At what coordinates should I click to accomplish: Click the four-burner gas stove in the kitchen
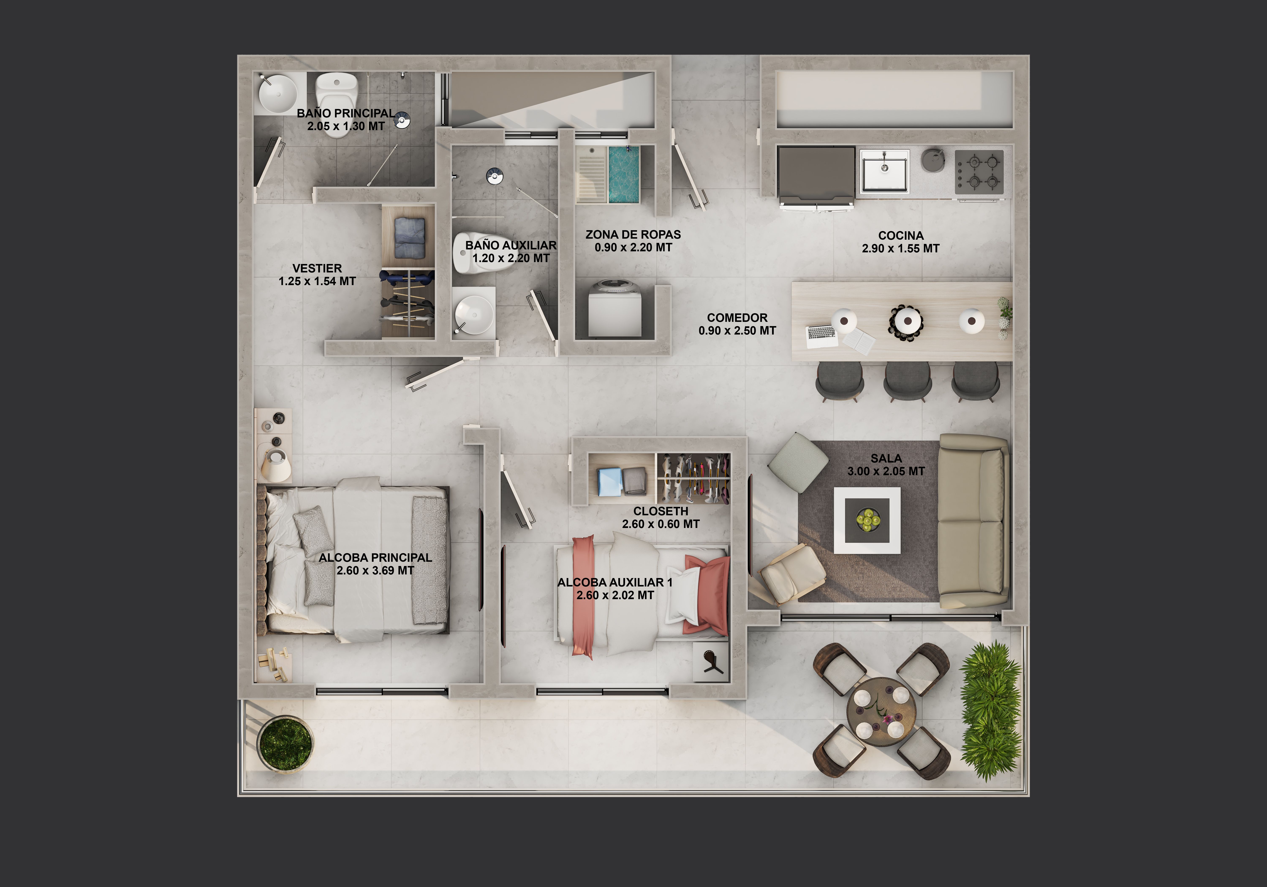pyautogui.click(x=979, y=172)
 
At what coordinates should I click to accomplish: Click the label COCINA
pyautogui.click(x=901, y=236)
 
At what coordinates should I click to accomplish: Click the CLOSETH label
pyautogui.click(x=661, y=511)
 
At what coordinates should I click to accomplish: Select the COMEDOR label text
pyautogui.click(x=737, y=318)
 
